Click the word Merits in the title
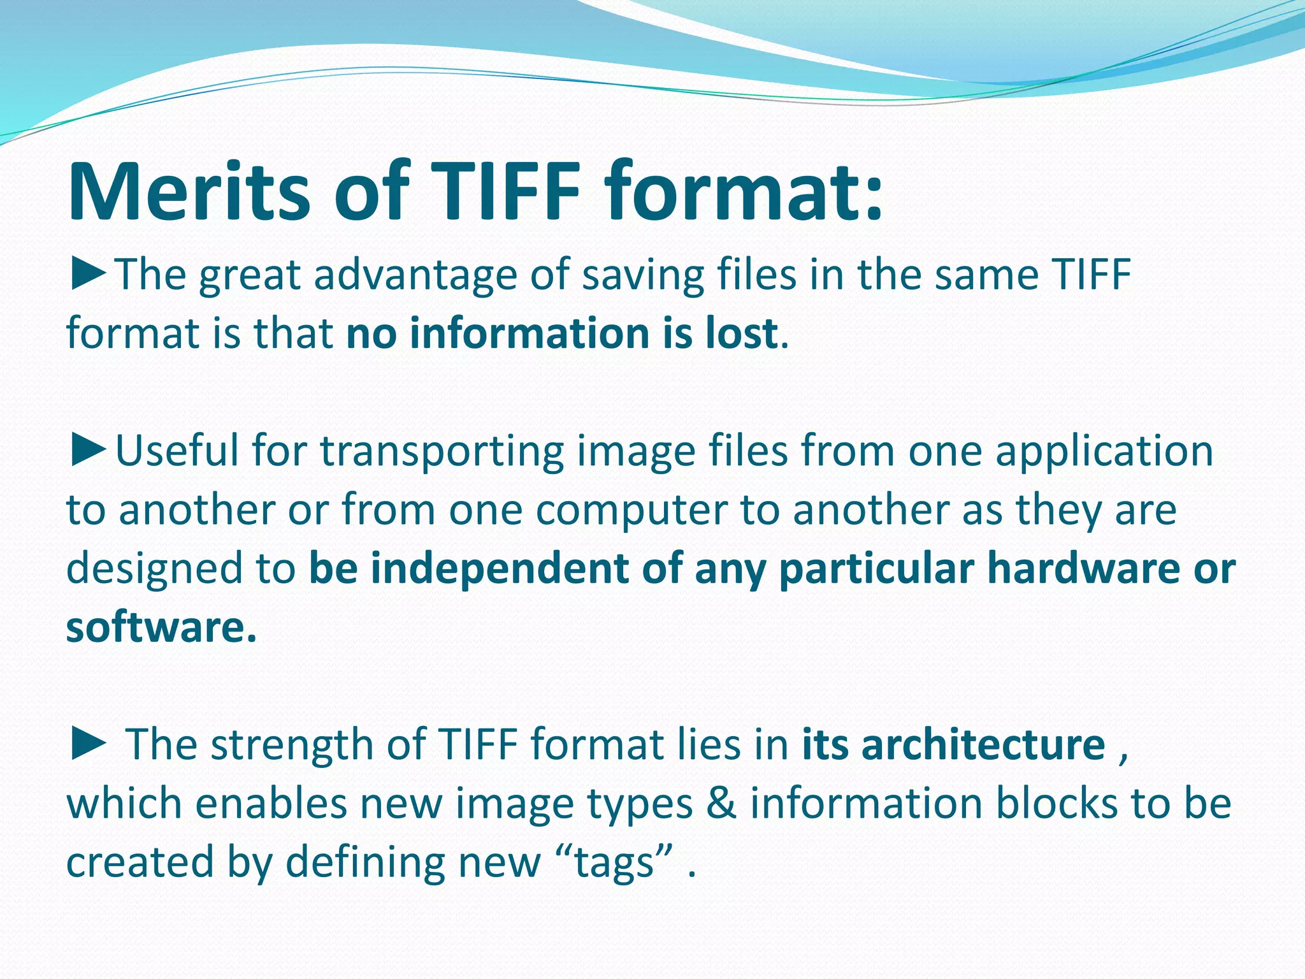point(189,191)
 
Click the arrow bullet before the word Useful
point(89,450)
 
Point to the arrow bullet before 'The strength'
point(89,743)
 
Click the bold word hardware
point(1083,567)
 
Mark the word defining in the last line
point(365,862)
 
